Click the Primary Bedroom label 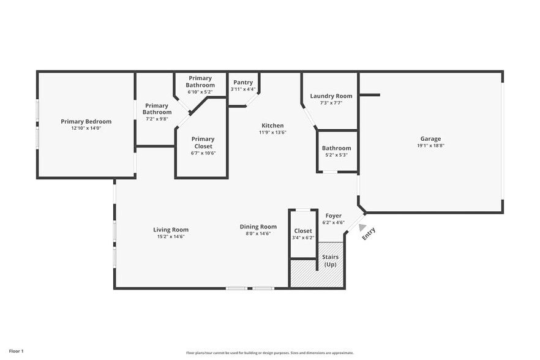click(x=86, y=121)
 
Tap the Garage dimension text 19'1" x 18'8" click(x=430, y=145)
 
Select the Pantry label click(x=243, y=82)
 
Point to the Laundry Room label click(x=331, y=96)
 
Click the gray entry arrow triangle click(x=362, y=227)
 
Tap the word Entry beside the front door click(x=369, y=234)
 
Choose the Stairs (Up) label click(x=330, y=261)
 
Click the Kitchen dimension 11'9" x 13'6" click(x=273, y=132)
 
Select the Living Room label click(x=171, y=230)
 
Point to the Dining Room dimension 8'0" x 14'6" click(x=258, y=233)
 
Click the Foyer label click(x=333, y=216)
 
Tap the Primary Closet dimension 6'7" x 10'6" click(x=203, y=153)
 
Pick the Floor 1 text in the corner click(x=16, y=351)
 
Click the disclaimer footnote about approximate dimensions click(x=270, y=353)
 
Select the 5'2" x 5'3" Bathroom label click(x=337, y=151)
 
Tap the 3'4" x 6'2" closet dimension click(x=303, y=238)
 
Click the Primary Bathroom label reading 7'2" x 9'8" click(x=157, y=112)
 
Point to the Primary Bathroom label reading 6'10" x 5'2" click(x=200, y=84)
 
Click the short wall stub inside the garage click(x=370, y=95)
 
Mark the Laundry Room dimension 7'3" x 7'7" click(x=331, y=103)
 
